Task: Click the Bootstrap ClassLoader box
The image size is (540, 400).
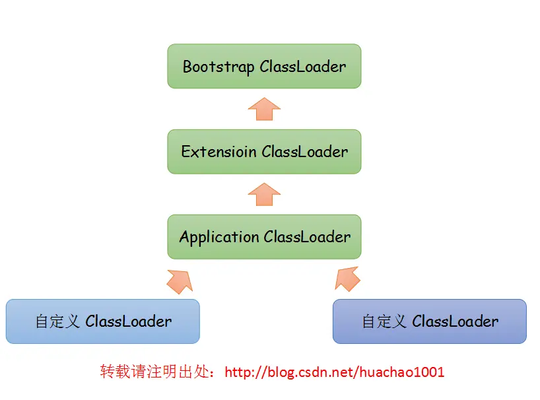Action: click(264, 66)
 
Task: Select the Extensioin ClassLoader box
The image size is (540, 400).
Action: click(264, 152)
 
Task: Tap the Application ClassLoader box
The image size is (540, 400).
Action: click(264, 236)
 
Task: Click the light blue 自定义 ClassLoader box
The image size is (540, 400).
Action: click(102, 321)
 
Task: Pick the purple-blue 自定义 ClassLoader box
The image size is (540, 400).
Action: click(429, 321)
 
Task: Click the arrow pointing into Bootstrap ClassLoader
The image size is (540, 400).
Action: click(264, 109)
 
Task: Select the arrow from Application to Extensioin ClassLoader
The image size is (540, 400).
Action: click(264, 194)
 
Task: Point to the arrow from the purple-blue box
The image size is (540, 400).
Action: click(348, 280)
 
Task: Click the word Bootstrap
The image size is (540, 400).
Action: click(219, 67)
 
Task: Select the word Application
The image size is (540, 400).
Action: click(219, 237)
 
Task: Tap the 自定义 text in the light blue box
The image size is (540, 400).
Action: click(58, 321)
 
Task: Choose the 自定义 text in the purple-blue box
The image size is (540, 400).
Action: click(385, 321)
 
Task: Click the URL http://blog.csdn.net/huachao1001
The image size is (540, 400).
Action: click(335, 372)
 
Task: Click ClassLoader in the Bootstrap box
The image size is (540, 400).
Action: click(302, 67)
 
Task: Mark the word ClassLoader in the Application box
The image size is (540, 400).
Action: click(307, 237)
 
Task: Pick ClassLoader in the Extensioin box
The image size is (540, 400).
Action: click(304, 152)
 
